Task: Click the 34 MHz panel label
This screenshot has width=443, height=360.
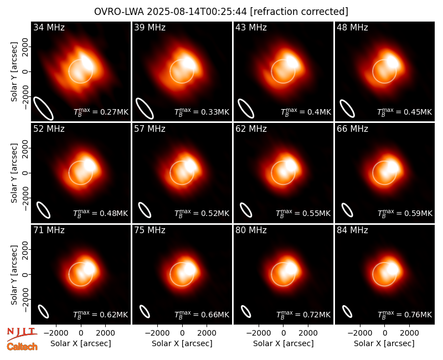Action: click(49, 27)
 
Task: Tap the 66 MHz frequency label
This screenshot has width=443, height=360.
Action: click(352, 129)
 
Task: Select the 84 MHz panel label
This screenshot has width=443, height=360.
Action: click(352, 230)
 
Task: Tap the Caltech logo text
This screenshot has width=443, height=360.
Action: click(22, 347)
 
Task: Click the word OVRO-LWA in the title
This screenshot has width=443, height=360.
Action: click(119, 12)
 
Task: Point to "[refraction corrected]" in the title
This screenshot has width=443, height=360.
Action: click(299, 12)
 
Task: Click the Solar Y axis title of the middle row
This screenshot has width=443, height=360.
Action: click(14, 173)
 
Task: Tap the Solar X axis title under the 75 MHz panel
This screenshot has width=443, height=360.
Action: click(182, 343)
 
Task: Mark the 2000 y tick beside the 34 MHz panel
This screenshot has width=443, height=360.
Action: click(25, 47)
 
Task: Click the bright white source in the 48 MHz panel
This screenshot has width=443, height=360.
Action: click(392, 61)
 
